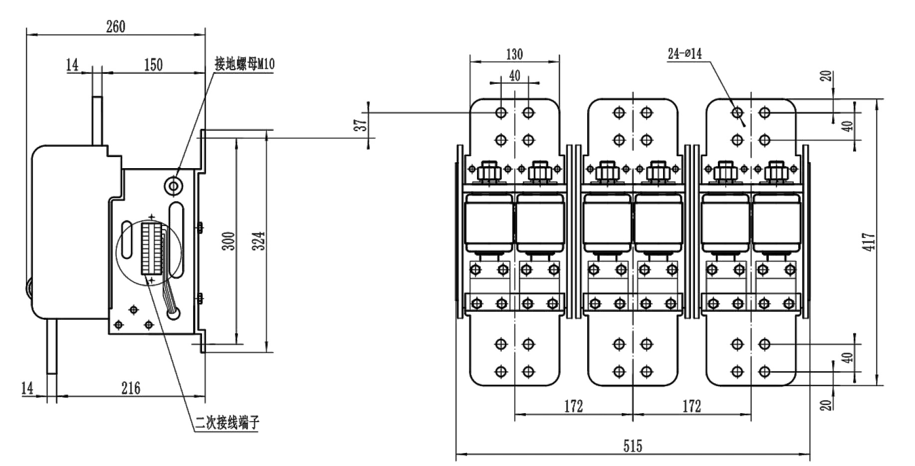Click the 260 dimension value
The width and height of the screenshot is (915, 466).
(x=116, y=26)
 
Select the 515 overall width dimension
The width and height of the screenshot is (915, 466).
(x=633, y=446)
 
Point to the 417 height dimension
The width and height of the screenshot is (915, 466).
(x=869, y=242)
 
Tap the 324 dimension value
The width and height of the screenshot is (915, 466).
(x=259, y=241)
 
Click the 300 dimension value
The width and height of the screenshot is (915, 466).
(x=229, y=241)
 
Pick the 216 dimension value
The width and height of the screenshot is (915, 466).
(x=131, y=388)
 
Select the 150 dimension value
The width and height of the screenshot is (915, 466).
(x=153, y=65)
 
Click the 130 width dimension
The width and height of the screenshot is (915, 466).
(x=514, y=54)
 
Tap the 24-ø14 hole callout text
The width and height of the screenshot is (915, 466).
(x=685, y=54)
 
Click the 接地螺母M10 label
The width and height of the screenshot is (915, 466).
(x=244, y=64)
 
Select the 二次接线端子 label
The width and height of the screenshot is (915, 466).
(x=228, y=423)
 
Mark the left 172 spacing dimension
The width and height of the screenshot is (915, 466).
(x=574, y=406)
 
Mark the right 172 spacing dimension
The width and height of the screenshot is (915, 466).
(x=691, y=406)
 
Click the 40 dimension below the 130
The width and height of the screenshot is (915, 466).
(x=514, y=75)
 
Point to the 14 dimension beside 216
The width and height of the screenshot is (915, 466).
(x=27, y=388)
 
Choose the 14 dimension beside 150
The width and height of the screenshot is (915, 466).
(x=73, y=65)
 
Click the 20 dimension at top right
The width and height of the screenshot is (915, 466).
(x=827, y=76)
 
